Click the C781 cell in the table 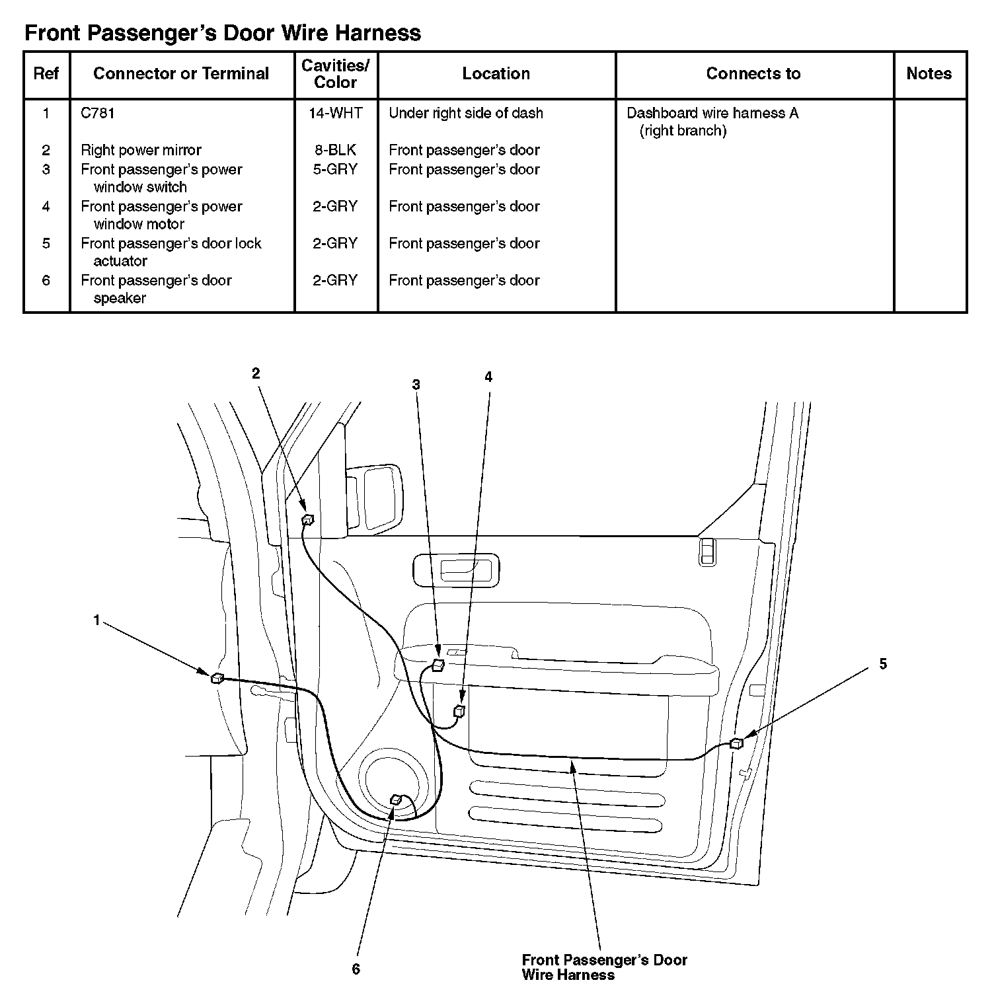click(98, 113)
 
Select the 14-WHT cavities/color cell click(336, 113)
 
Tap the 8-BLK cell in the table click(336, 150)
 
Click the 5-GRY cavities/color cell click(336, 169)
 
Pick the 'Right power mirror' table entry click(141, 150)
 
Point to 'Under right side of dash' click(466, 113)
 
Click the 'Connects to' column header click(753, 73)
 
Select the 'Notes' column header click(929, 73)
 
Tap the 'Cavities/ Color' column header click(336, 73)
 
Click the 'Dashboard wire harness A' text click(712, 113)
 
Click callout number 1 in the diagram click(96, 620)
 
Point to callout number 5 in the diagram click(883, 664)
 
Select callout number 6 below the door click(356, 969)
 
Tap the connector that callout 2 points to click(307, 519)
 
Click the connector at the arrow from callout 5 click(736, 743)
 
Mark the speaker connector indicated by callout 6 click(396, 800)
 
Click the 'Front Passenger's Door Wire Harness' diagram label click(604, 967)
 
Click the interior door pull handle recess click(456, 570)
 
